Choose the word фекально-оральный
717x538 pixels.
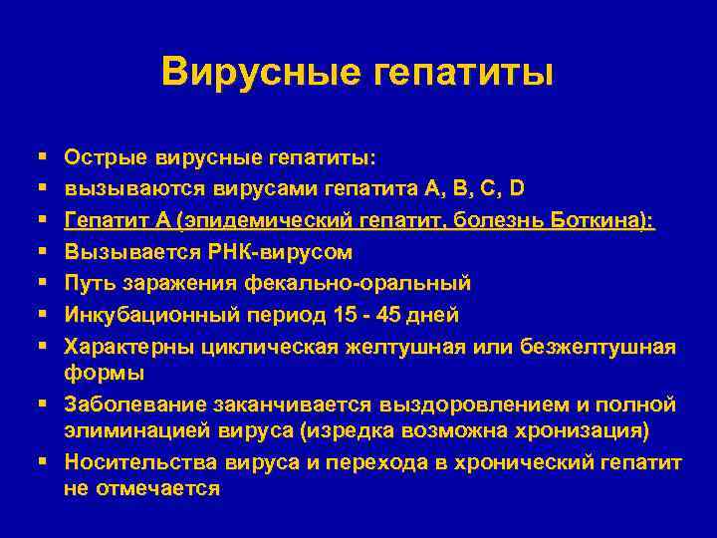coord(364,284)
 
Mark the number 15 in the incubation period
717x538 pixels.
coord(348,316)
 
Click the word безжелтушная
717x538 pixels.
coord(597,348)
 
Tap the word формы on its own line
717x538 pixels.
coord(104,373)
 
